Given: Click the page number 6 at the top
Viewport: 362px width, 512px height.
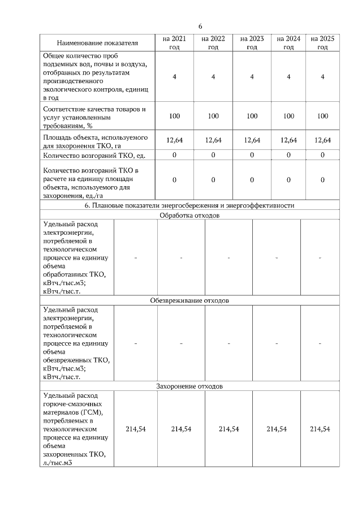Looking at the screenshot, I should pos(200,27).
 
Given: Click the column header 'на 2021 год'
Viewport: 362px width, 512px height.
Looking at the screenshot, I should pos(174,43).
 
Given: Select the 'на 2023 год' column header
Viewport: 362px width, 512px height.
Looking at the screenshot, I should pos(252,43).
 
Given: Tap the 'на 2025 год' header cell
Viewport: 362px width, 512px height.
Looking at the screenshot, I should pos(322,43).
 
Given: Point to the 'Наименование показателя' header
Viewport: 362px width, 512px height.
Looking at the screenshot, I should pos(97,43).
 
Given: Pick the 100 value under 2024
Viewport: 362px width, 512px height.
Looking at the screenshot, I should pos(288,116).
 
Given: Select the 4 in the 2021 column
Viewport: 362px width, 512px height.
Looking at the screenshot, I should pos(174,77).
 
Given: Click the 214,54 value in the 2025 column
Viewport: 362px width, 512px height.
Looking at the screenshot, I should pos(320,429).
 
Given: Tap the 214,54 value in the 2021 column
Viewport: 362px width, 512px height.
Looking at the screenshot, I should pos(135,429).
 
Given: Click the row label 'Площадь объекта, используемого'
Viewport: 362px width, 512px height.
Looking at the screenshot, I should pos(96,137).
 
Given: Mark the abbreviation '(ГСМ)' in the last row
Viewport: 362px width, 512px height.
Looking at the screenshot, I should pos(93,412).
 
